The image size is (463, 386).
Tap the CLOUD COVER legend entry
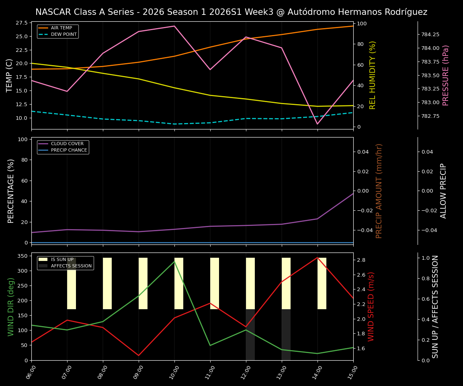click(x=67, y=144)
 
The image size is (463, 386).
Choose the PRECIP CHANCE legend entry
click(x=69, y=150)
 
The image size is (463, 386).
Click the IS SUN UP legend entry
click(x=62, y=260)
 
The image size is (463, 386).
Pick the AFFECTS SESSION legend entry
click(x=71, y=266)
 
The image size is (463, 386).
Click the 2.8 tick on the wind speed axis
click(x=361, y=260)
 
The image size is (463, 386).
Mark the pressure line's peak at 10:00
click(x=174, y=26)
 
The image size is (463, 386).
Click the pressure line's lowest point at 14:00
click(x=318, y=124)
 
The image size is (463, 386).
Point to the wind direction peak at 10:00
click(x=174, y=261)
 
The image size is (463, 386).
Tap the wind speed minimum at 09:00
click(x=139, y=355)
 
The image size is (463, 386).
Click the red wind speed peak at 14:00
click(x=318, y=258)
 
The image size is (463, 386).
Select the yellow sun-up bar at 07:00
click(x=72, y=283)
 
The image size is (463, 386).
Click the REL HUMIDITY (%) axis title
click(x=373, y=75)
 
